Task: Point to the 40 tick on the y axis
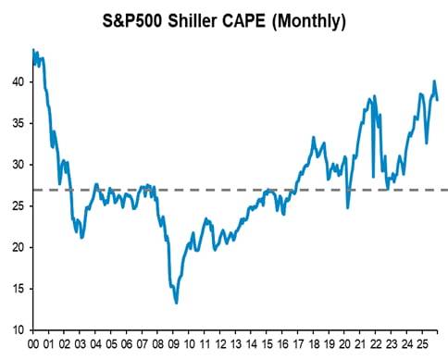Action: pyautogui.click(x=18, y=81)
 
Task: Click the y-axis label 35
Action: pyautogui.click(x=18, y=123)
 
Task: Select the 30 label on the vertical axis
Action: pyautogui.click(x=18, y=165)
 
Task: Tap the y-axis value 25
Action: pyautogui.click(x=18, y=206)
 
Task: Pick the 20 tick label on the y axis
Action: pyautogui.click(x=18, y=248)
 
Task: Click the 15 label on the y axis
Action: pyautogui.click(x=18, y=289)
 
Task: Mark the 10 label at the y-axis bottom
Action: pyautogui.click(x=18, y=330)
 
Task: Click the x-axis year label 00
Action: pyautogui.click(x=34, y=343)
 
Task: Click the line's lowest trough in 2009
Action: pyautogui.click(x=176, y=303)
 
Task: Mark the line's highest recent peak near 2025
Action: pyautogui.click(x=434, y=81)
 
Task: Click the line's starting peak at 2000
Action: pyautogui.click(x=33, y=50)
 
